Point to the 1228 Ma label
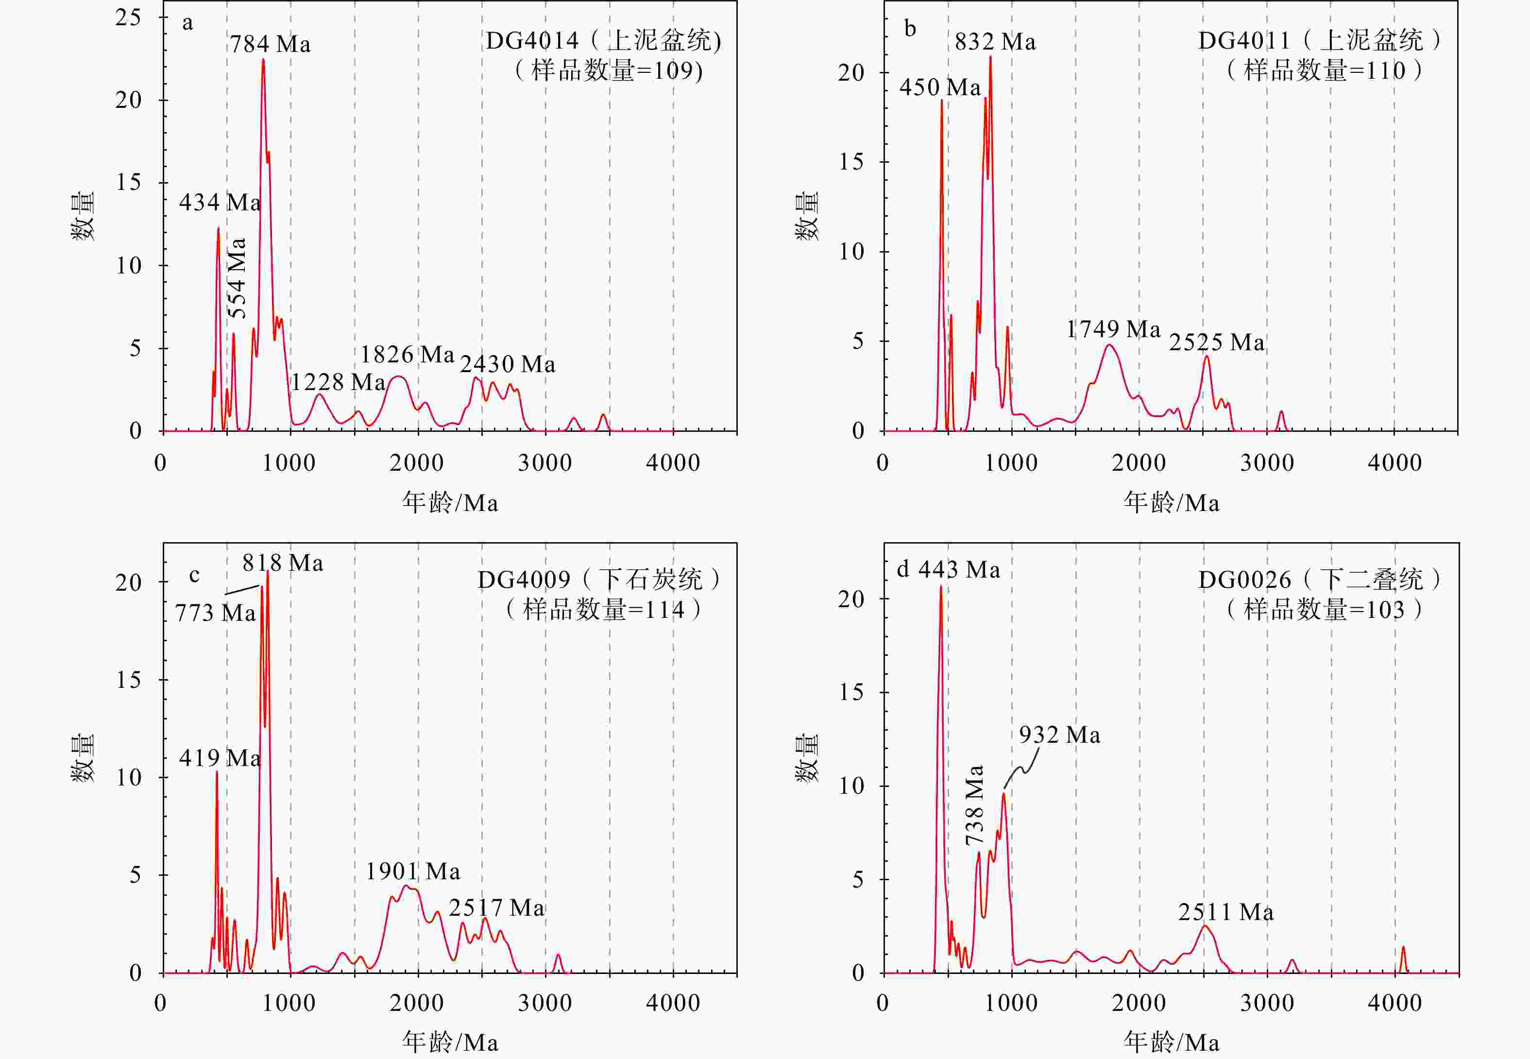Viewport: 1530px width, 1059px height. point(338,382)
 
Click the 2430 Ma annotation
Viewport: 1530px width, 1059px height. point(508,364)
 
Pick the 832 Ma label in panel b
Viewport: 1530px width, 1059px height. point(995,42)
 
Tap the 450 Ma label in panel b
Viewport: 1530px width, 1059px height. point(939,87)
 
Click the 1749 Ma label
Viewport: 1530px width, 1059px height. point(1113,329)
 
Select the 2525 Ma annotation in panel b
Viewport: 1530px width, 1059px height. point(1216,342)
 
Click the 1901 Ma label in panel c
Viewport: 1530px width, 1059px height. point(413,871)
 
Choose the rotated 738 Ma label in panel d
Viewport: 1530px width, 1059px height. point(974,805)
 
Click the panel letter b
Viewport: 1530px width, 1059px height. point(910,29)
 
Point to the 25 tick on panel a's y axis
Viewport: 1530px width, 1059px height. point(128,17)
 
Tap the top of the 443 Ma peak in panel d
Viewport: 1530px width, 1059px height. point(940,586)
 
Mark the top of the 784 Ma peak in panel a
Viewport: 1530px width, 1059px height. point(263,60)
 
